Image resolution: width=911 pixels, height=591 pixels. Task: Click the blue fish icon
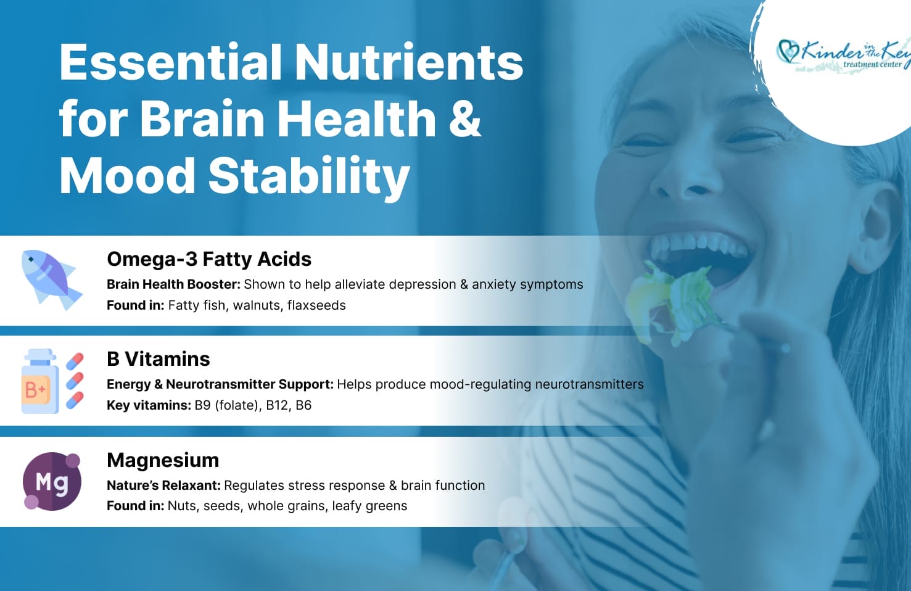[51, 280]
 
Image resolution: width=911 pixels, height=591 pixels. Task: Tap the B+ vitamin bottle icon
[40, 381]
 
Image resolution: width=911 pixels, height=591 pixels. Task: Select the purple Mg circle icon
[52, 481]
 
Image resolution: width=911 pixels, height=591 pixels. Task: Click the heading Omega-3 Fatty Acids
[209, 259]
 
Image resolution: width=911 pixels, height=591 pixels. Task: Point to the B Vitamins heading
[158, 359]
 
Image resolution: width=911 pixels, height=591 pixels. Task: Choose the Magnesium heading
[163, 460]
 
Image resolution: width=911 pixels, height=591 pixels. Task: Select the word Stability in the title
[309, 177]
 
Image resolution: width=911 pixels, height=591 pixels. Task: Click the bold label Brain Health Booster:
[174, 284]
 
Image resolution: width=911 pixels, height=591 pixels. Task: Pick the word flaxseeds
[316, 305]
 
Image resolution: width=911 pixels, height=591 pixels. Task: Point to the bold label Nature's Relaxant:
[163, 486]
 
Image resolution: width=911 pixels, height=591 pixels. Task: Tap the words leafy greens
[369, 506]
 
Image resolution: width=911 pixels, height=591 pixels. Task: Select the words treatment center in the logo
[872, 64]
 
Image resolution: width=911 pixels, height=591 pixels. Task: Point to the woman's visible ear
[875, 228]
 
